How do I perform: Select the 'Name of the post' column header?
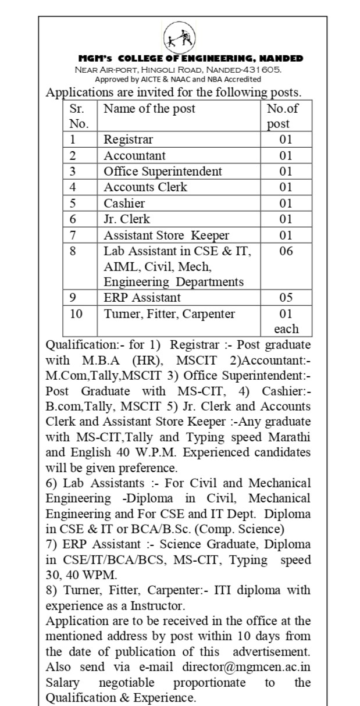point(149,109)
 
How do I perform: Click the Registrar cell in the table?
point(129,140)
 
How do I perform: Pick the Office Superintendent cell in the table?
point(163,172)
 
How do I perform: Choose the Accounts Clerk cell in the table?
point(145,187)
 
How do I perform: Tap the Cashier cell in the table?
point(124,204)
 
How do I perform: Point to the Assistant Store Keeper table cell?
point(166,236)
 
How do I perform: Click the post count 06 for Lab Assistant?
point(286,251)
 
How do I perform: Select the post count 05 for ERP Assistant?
point(286,298)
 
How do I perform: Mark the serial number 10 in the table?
point(76,314)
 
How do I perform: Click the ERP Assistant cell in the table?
point(142,298)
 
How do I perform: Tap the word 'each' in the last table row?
point(286,329)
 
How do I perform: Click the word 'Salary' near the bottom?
point(63,682)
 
